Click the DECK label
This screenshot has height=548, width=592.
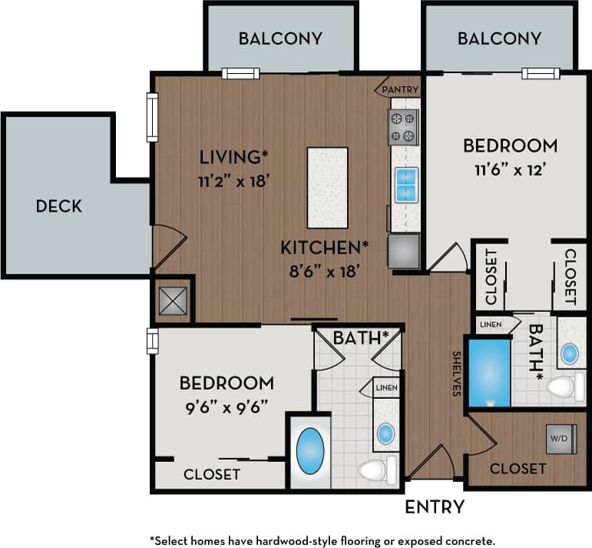click(x=58, y=206)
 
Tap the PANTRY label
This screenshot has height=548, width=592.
click(x=399, y=90)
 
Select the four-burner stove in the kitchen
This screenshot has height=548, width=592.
click(x=403, y=127)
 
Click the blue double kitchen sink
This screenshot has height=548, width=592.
click(x=405, y=184)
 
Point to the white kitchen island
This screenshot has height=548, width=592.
click(x=327, y=188)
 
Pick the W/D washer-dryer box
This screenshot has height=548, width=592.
click(x=558, y=439)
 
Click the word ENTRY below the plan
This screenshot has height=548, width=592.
click(x=435, y=506)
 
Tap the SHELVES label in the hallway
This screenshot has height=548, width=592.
click(x=456, y=374)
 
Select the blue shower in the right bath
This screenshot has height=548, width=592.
click(x=489, y=372)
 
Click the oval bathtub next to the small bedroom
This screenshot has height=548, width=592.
click(x=309, y=452)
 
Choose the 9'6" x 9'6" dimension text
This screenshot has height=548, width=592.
click(x=227, y=407)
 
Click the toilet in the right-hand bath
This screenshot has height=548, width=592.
click(x=565, y=387)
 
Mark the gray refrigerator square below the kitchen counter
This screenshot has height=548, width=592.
click(x=404, y=251)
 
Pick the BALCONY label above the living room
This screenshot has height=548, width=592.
click(x=279, y=38)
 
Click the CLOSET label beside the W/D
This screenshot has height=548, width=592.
click(x=518, y=468)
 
